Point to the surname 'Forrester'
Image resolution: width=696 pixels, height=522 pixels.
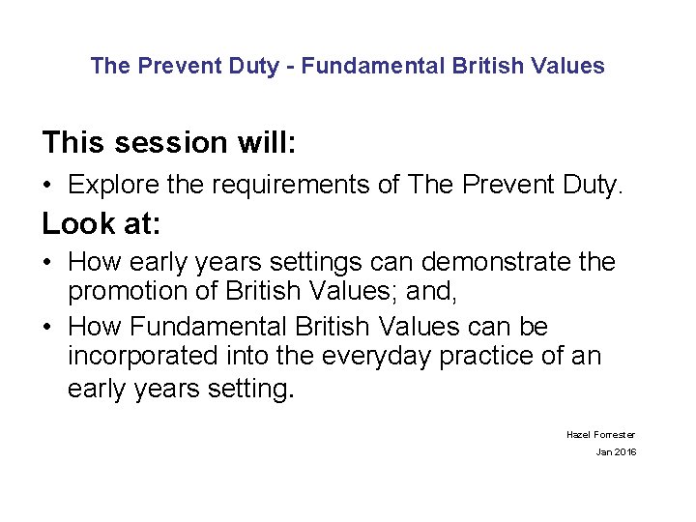pos(615,435)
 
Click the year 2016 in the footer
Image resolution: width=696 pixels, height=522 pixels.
pos(624,452)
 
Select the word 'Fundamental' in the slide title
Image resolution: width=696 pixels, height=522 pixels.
pos(361,66)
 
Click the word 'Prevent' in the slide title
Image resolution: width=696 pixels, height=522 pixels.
pos(174,66)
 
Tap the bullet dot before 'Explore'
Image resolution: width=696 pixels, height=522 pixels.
pos(47,185)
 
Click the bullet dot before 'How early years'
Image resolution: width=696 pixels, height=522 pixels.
pos(47,263)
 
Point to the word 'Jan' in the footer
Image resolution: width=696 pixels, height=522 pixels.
pos(603,452)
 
